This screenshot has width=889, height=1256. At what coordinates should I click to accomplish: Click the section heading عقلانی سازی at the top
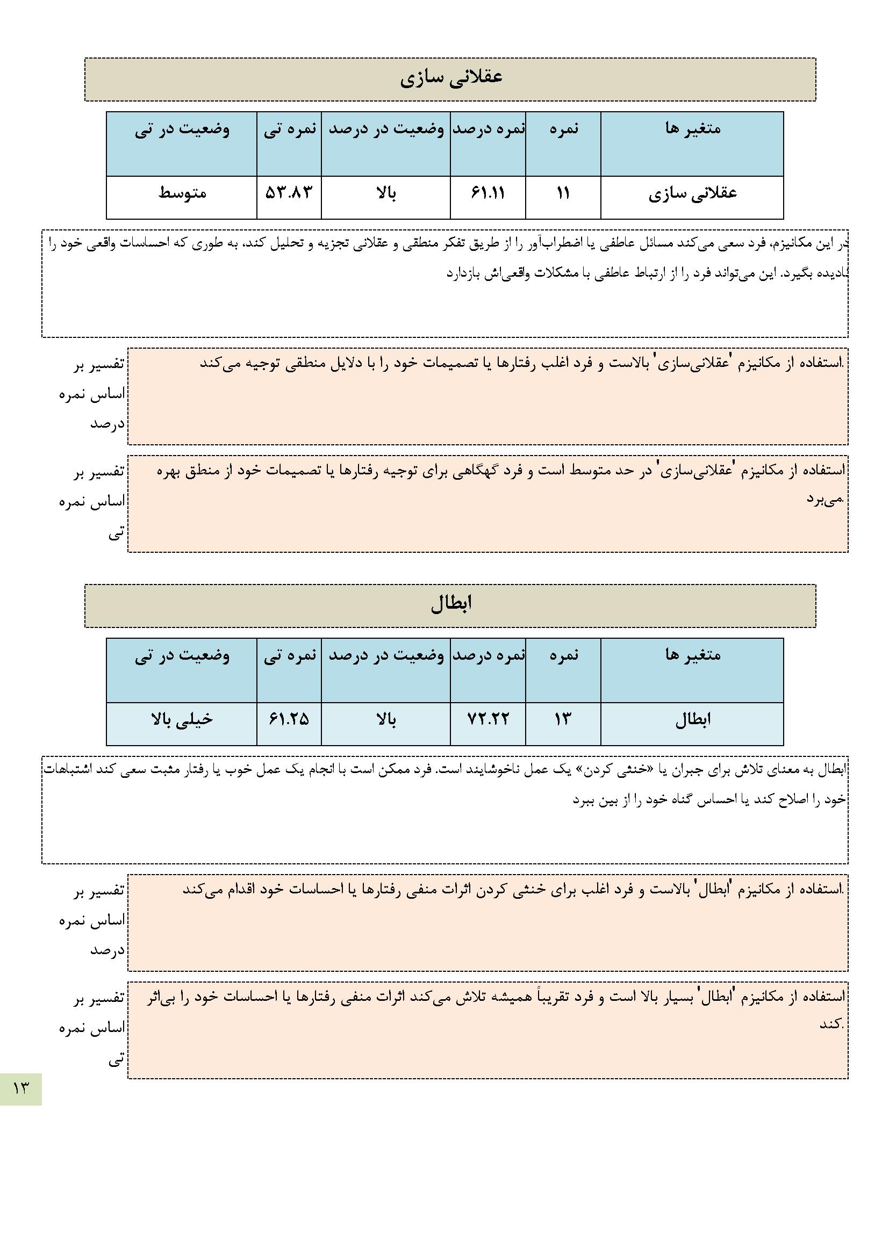pos(450,78)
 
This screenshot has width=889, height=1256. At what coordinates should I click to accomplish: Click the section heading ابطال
pos(450,604)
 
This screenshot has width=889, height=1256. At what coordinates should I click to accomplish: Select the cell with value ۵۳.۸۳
pos(289,193)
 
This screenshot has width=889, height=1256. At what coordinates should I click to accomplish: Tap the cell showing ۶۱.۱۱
pos(487,193)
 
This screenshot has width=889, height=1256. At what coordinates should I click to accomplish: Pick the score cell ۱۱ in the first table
pos(563,193)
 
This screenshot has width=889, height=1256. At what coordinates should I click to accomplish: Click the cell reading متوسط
pos(182,193)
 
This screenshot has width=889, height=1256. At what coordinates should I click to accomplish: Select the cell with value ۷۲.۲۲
pos(487,719)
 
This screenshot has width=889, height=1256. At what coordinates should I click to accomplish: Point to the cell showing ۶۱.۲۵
pos(289,719)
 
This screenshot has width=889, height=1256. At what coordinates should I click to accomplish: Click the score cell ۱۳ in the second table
pos(563,719)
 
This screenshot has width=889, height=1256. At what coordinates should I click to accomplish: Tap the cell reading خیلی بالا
pos(182,719)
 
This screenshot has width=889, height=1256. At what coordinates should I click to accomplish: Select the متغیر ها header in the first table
pos(692,129)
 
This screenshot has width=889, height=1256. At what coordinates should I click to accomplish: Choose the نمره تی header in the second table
pos(290,655)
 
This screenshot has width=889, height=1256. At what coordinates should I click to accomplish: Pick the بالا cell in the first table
pos(385,193)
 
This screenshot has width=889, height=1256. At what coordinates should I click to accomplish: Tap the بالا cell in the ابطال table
pos(385,719)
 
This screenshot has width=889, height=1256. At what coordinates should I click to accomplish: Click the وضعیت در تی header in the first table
pos(182,129)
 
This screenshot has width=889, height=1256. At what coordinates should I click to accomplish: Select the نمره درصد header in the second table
pos(487,655)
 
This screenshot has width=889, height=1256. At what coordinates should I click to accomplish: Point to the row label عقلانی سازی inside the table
pos(692,193)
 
